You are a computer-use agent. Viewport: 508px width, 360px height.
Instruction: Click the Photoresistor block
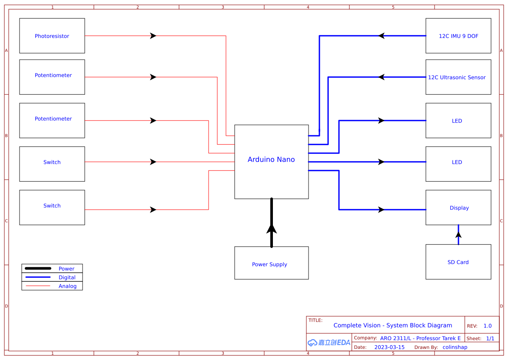pyautogui.click(x=52, y=36)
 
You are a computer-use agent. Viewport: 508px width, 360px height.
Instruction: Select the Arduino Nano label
pyautogui.click(x=271, y=160)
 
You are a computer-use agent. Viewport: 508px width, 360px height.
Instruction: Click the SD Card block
pyautogui.click(x=458, y=262)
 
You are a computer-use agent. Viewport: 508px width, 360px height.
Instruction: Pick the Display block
pyautogui.click(x=458, y=208)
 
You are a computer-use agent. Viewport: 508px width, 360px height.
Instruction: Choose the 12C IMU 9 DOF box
pyautogui.click(x=458, y=36)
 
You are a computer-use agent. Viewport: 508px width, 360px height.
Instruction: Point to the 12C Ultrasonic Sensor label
pyautogui.click(x=457, y=77)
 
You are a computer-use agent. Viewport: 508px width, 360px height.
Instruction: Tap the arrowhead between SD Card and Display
pyautogui.click(x=458, y=235)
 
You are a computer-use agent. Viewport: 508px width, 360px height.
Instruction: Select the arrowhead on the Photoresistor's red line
pyautogui.click(x=153, y=36)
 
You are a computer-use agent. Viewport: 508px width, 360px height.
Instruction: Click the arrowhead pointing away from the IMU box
pyautogui.click(x=382, y=36)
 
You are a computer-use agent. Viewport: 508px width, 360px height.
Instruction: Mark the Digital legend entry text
pyautogui.click(x=67, y=277)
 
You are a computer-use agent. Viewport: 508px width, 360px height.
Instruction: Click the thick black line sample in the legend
pyautogui.click(x=38, y=268)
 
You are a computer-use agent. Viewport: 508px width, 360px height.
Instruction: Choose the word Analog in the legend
pyautogui.click(x=67, y=286)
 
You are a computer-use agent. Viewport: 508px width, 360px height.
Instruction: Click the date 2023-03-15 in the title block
pyautogui.click(x=389, y=347)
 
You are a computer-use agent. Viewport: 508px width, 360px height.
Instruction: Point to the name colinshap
pyautogui.click(x=455, y=347)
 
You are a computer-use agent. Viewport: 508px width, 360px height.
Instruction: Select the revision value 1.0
pyautogui.click(x=488, y=326)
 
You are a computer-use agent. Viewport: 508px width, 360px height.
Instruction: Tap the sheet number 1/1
pyautogui.click(x=490, y=338)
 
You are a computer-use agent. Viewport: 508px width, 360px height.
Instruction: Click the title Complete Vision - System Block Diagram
pyautogui.click(x=392, y=325)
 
